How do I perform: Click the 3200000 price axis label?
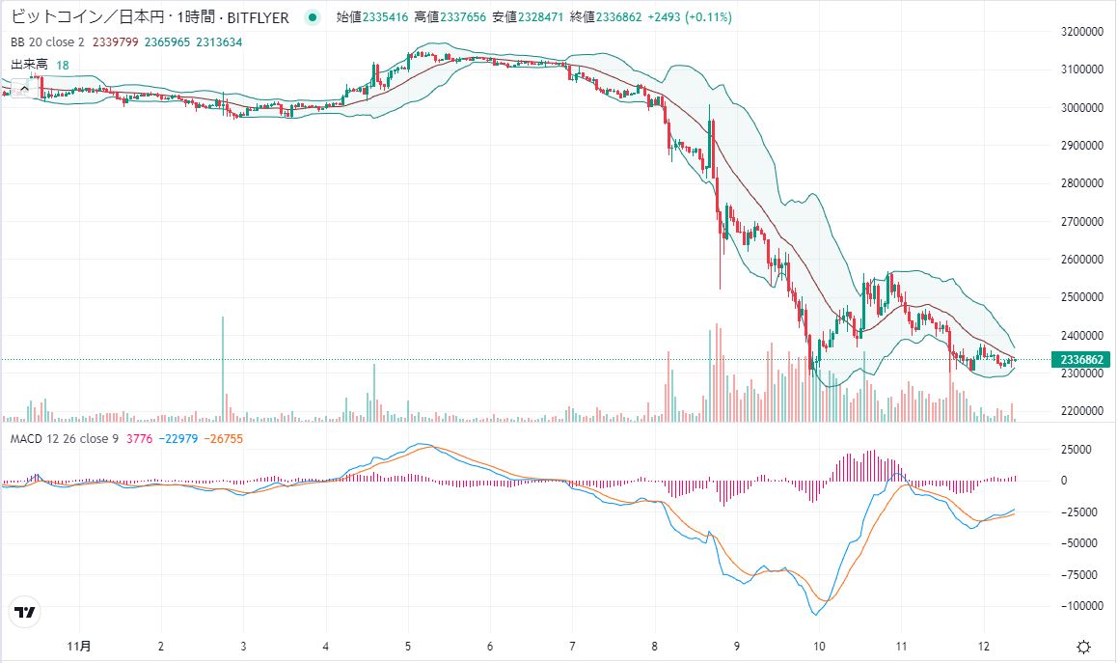1081,31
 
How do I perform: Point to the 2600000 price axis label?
1081,259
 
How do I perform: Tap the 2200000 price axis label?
1081,411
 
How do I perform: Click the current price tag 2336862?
1082,360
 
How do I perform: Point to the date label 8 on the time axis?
655,646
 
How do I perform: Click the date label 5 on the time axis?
408,646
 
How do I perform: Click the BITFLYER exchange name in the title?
254,17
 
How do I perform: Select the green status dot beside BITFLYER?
311,17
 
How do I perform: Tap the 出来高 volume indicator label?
29,65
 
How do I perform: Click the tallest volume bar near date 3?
223,368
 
